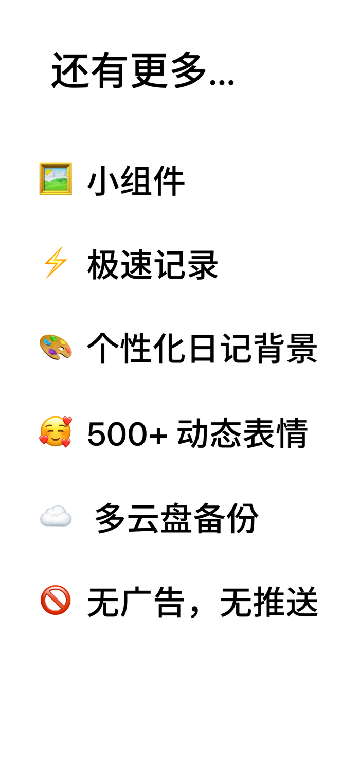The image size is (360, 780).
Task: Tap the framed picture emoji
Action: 56,179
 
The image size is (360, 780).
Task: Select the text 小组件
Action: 136,180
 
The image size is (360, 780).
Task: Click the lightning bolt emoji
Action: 56,263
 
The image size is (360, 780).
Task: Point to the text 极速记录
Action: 153,265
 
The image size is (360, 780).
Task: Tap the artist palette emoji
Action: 56,347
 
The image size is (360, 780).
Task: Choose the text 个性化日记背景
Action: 202,348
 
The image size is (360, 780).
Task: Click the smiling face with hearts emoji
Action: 56,432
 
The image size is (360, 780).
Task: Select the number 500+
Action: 127,434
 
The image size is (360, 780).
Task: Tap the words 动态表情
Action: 242,433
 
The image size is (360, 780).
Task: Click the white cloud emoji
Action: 56,516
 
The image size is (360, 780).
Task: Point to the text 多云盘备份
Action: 176,518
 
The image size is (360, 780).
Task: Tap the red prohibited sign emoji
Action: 56,600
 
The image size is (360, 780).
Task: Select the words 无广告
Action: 136,602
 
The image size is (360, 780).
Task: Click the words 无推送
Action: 269,602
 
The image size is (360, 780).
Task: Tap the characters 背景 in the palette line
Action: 285,348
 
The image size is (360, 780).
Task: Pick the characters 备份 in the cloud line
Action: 226,518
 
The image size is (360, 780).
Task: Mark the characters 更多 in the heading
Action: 169,70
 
